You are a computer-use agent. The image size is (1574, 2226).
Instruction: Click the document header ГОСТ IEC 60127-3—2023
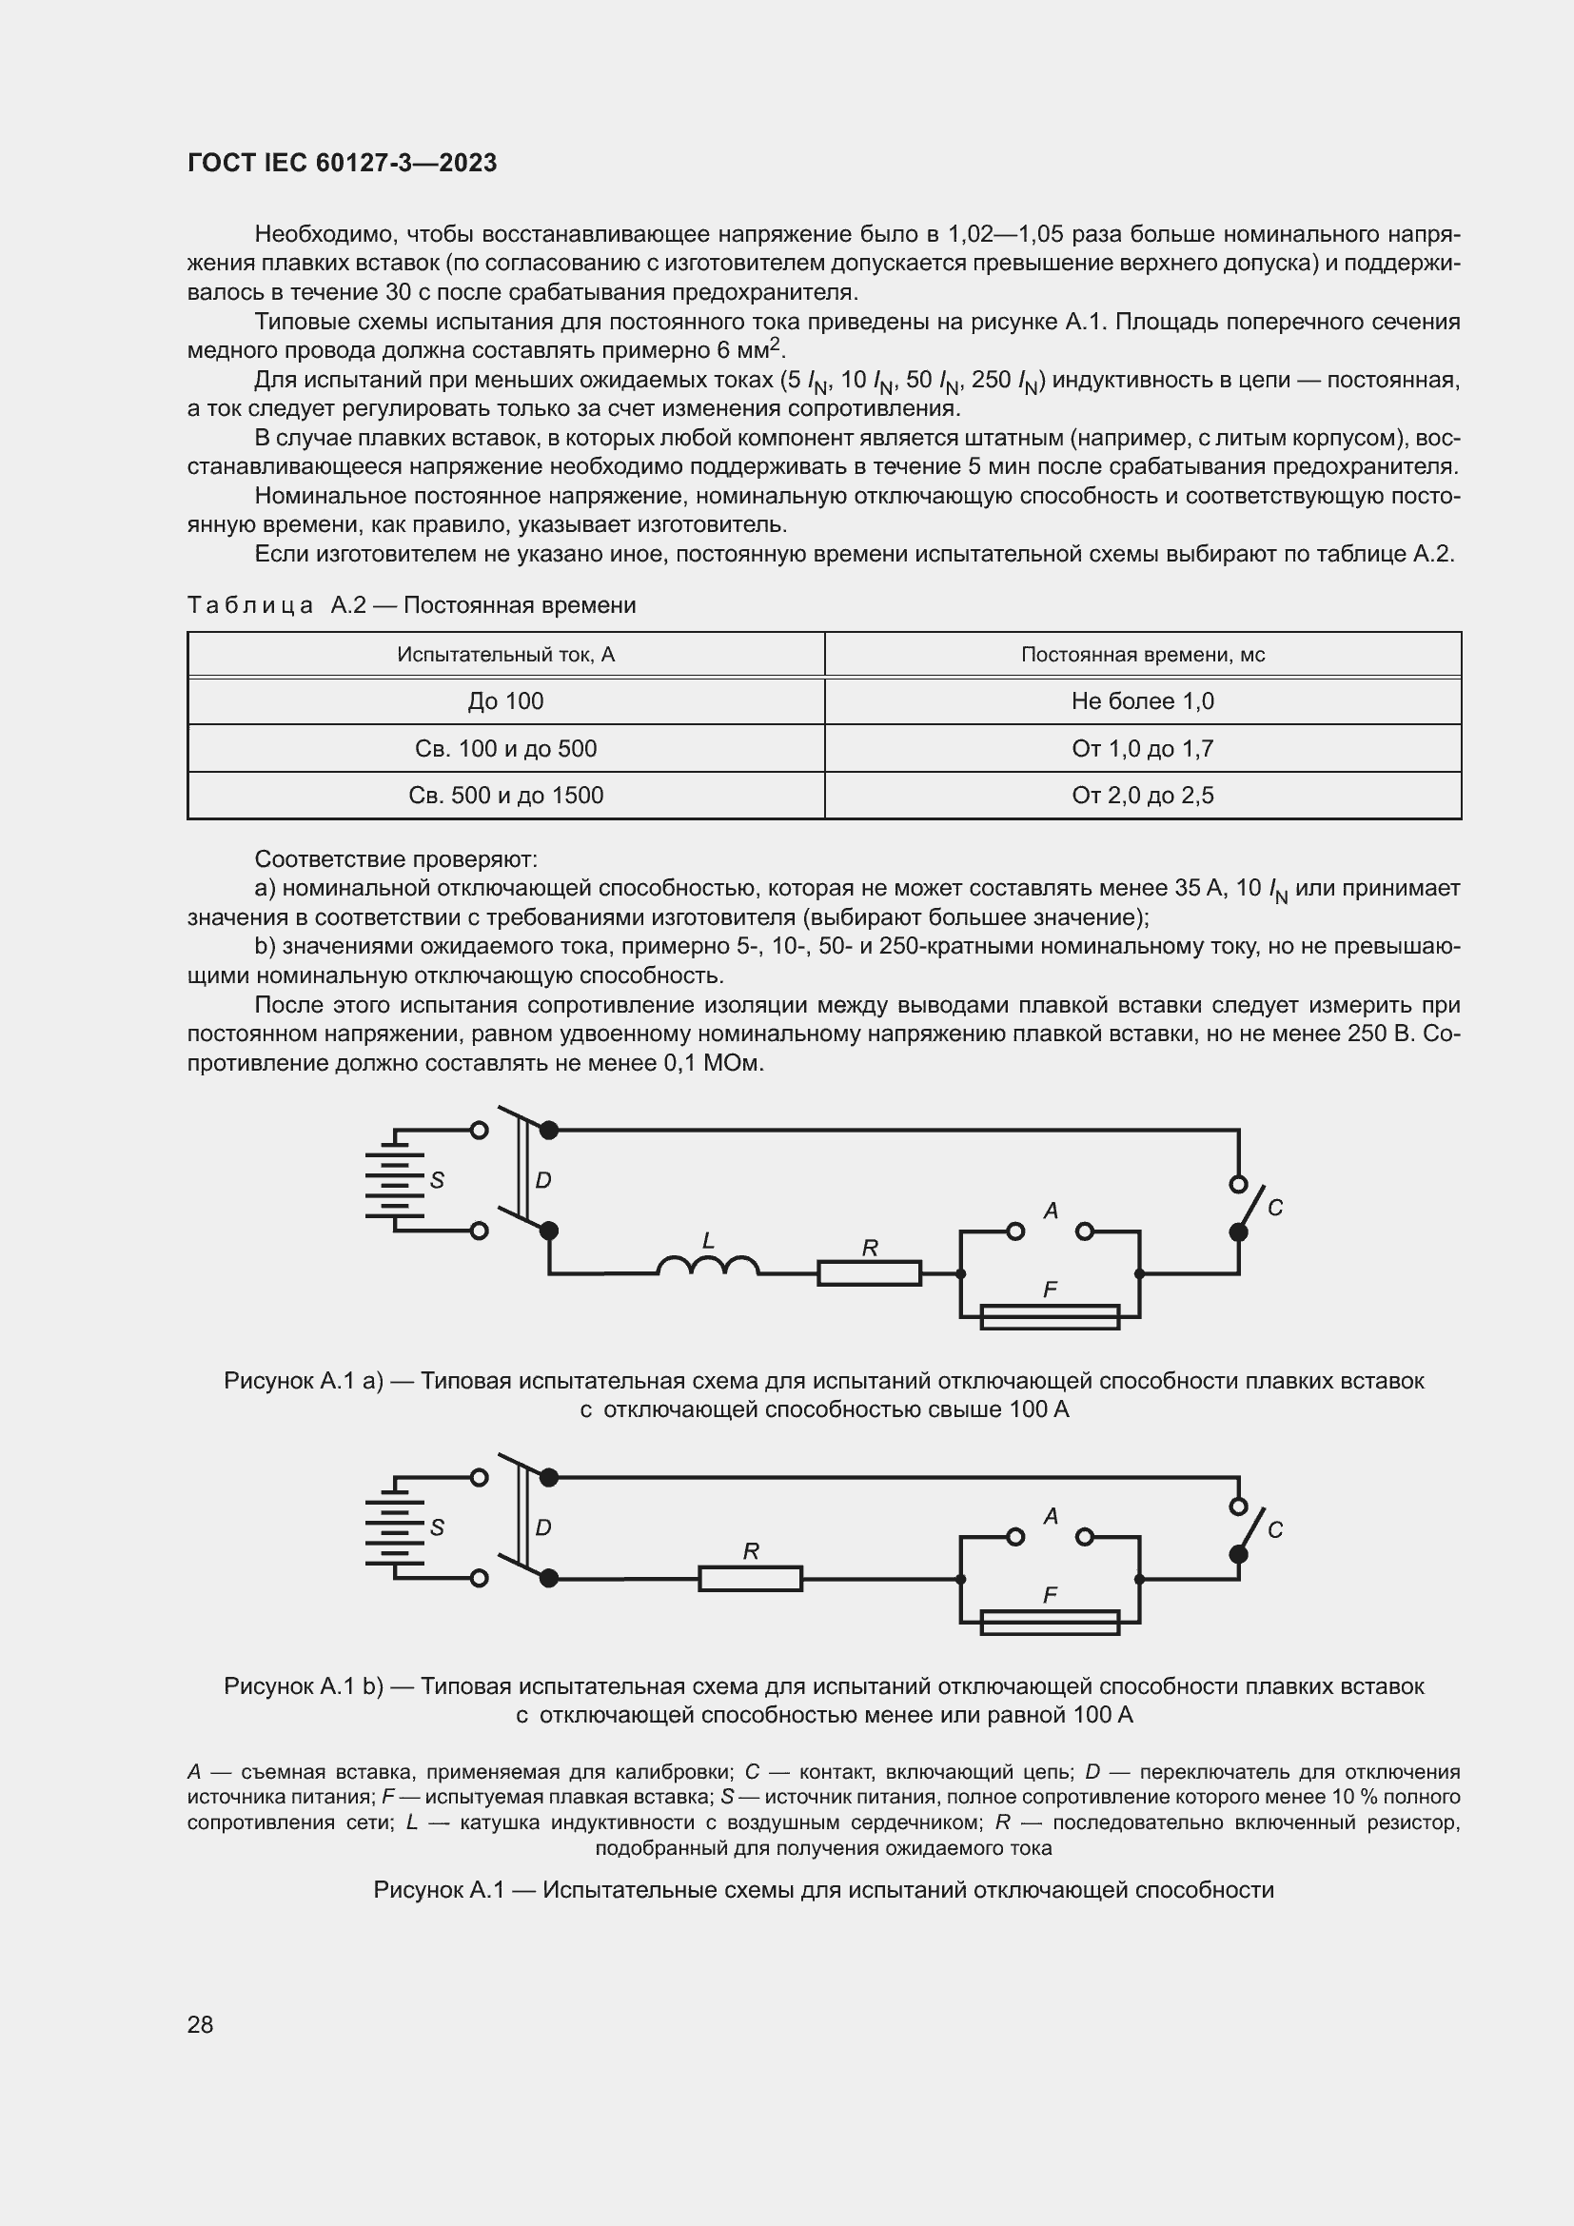(x=342, y=163)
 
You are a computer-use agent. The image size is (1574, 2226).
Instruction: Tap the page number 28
(x=200, y=2023)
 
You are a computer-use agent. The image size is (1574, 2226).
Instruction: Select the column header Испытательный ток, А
(x=505, y=655)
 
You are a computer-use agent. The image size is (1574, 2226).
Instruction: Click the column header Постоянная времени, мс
(x=1142, y=655)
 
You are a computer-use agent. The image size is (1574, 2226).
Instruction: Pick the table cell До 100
(x=505, y=701)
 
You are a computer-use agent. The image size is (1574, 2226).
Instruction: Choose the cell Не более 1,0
(x=1142, y=701)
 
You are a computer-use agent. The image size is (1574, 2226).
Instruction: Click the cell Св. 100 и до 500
(x=505, y=748)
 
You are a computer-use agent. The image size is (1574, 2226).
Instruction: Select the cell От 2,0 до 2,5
(x=1142, y=795)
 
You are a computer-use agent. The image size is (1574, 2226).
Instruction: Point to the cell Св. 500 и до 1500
(x=505, y=795)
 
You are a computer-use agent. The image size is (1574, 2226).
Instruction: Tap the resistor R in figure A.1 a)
(x=869, y=1272)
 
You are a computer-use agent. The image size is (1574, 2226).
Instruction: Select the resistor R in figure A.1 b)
(x=750, y=1578)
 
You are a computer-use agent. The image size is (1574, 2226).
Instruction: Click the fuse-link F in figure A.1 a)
(x=1050, y=1316)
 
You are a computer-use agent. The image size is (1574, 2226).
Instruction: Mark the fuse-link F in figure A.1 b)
(x=1050, y=1622)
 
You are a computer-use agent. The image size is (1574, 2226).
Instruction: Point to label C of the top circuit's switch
(x=1274, y=1208)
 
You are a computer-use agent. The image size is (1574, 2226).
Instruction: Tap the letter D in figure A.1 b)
(x=542, y=1528)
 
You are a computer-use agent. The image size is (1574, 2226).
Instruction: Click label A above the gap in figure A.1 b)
(x=1051, y=1515)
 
